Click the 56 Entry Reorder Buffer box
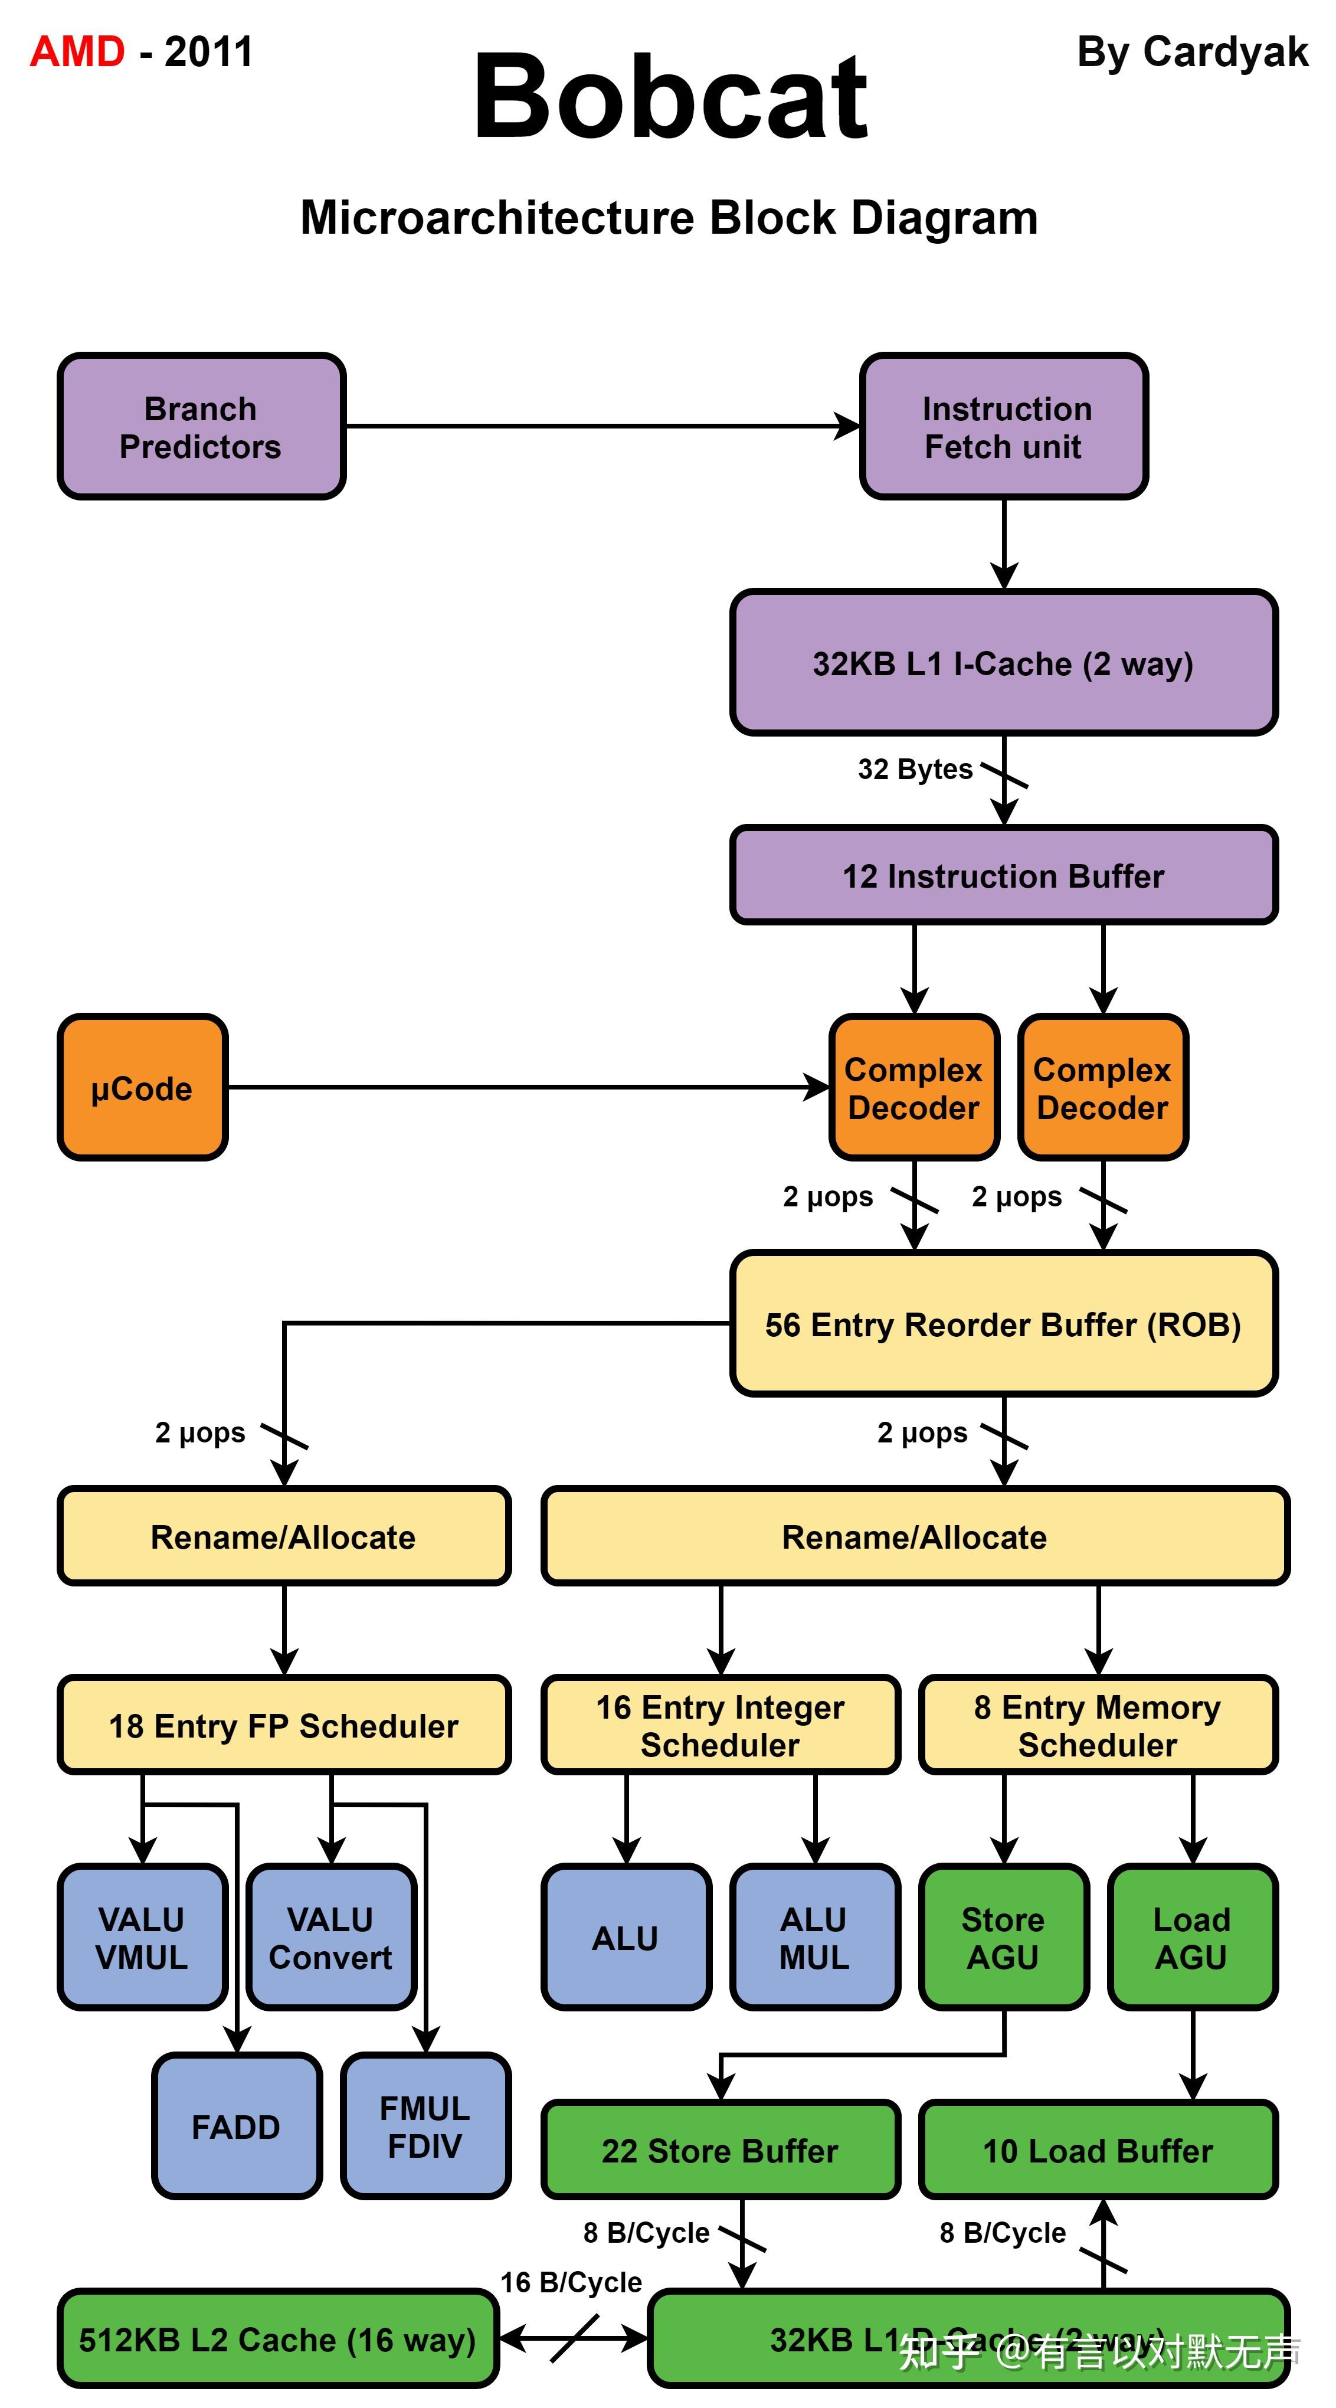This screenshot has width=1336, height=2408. [x=1003, y=1324]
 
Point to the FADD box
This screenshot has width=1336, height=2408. [x=237, y=2126]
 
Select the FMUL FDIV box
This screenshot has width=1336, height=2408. [x=425, y=2126]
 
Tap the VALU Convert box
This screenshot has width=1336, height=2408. [x=331, y=1937]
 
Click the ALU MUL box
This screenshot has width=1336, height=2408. [x=814, y=1937]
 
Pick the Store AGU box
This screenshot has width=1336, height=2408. [x=1003, y=1937]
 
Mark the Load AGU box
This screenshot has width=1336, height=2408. [x=1192, y=1937]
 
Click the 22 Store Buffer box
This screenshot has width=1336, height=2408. [x=720, y=2150]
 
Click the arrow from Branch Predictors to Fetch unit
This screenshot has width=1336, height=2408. [x=598, y=426]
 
